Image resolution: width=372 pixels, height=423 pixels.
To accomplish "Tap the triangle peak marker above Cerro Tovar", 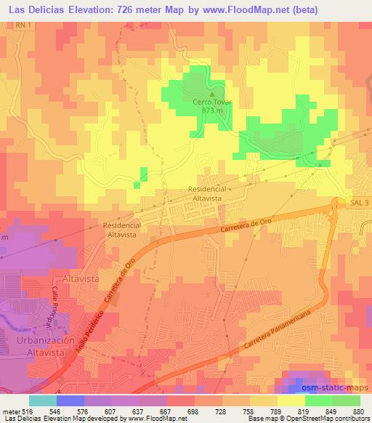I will (212, 94).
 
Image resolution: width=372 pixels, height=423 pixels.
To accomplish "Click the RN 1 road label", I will (24, 25).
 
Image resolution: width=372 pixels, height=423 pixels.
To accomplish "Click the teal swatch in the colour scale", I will (42, 400).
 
